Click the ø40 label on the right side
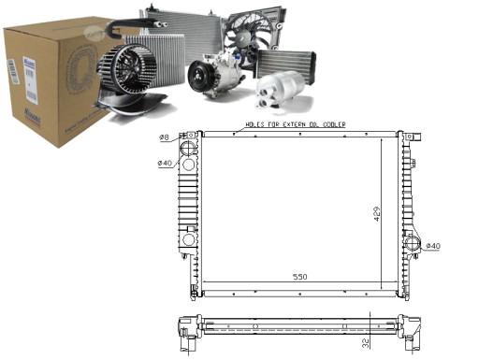tap(432, 246)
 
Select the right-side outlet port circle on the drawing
tap(412, 246)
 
